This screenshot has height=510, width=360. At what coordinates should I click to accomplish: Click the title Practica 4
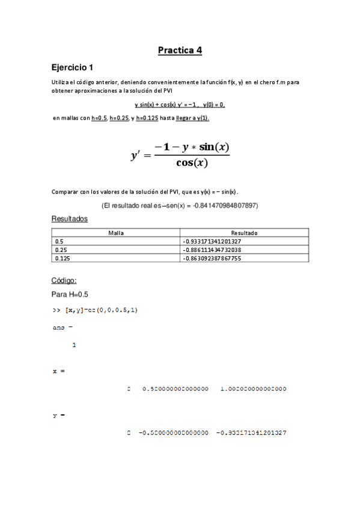coord(180,51)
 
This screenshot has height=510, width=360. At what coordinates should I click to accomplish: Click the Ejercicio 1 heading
coord(72,67)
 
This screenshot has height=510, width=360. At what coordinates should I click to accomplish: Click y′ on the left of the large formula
coord(136,156)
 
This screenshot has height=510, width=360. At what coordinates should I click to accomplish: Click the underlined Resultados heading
coord(69,219)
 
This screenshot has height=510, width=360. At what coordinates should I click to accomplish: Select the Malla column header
coord(116,232)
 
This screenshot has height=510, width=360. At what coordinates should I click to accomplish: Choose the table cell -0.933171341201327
coord(212,241)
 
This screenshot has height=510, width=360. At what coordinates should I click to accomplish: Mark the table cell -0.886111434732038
coord(212,250)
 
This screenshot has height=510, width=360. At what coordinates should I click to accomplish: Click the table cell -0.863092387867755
coord(212,258)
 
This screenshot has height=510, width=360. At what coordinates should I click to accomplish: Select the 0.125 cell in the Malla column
coord(62,258)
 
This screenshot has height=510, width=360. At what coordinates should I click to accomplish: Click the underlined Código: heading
coord(64,280)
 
